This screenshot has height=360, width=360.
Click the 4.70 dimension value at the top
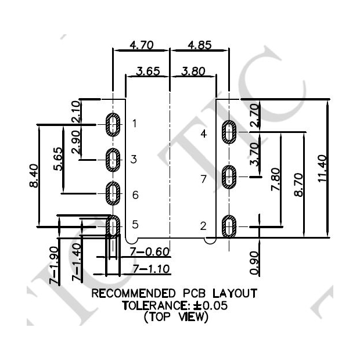click(140, 45)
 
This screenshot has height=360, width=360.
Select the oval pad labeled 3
click(113, 160)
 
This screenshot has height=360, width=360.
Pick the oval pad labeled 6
click(113, 194)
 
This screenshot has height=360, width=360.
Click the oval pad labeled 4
click(230, 133)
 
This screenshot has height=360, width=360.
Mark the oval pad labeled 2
click(230, 226)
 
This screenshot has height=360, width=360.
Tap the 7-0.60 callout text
click(149, 253)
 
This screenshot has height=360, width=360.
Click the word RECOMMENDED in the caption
click(134, 293)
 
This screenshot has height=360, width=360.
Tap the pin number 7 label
click(203, 179)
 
